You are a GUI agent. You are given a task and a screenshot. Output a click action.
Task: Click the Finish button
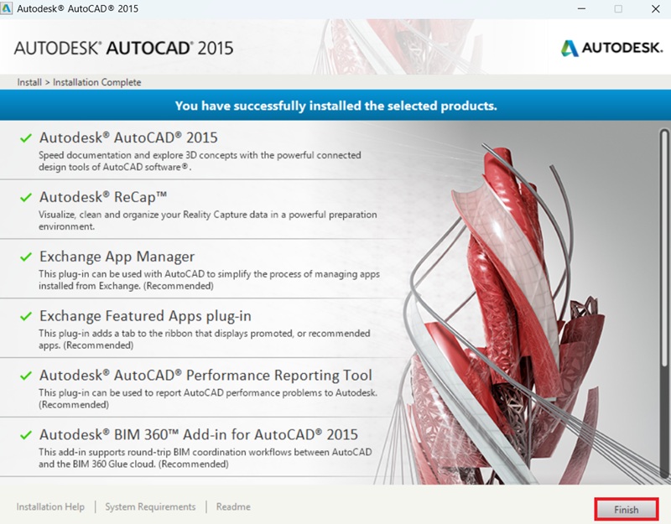point(626,509)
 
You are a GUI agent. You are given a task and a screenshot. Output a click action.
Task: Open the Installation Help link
point(50,507)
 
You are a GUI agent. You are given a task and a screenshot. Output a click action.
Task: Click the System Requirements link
point(150,507)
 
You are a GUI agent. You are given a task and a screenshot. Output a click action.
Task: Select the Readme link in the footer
point(233,507)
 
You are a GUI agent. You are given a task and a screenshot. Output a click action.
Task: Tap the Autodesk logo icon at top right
point(570,48)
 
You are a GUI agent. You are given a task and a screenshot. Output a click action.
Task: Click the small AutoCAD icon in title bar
point(8,9)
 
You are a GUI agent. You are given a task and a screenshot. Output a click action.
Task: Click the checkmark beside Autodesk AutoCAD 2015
point(26,137)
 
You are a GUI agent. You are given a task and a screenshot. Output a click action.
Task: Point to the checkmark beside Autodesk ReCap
point(26,197)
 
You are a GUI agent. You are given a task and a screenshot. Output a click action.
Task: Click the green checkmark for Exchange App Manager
point(26,257)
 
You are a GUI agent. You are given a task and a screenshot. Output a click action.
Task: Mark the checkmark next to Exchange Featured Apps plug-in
point(26,316)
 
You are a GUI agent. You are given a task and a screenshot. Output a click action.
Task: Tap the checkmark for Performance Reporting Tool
point(26,376)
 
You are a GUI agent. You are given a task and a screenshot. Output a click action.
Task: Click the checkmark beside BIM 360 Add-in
point(26,435)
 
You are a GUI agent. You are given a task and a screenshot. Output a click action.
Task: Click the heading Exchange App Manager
point(117,257)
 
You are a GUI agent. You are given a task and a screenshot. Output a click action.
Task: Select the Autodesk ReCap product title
point(103,197)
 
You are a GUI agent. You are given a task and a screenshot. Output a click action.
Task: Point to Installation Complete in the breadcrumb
point(97,82)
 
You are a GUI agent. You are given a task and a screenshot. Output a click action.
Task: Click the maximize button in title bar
point(618,9)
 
